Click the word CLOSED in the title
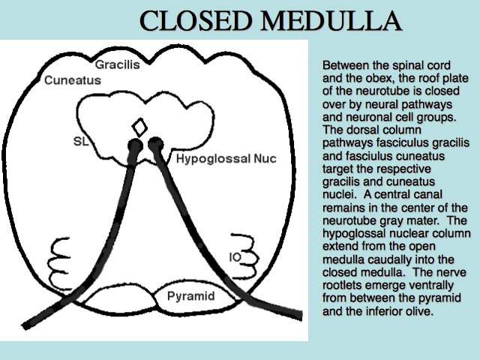(196, 20)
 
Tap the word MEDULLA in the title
(331, 20)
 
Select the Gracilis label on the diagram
(117, 64)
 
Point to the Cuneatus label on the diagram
(73, 80)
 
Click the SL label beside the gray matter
(81, 142)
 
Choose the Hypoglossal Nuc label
(226, 158)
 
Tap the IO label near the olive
(235, 257)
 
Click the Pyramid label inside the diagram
(191, 296)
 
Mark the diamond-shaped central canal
(139, 127)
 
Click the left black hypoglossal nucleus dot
(135, 145)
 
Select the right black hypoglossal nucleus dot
(155, 143)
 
